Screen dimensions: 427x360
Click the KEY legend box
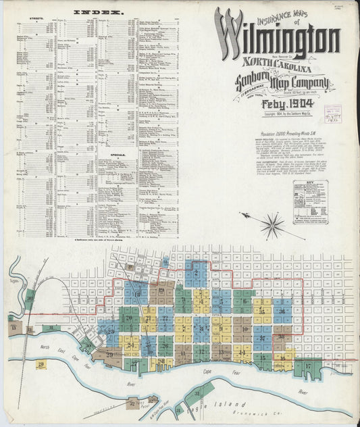pos(310,201)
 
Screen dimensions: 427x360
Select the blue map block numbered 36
pos(282,311)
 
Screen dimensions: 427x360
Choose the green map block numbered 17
pos(307,368)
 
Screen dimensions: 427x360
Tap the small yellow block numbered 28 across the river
pos(41,365)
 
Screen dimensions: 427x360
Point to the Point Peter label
pos(144,408)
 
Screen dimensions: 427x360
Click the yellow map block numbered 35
pos(262,311)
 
